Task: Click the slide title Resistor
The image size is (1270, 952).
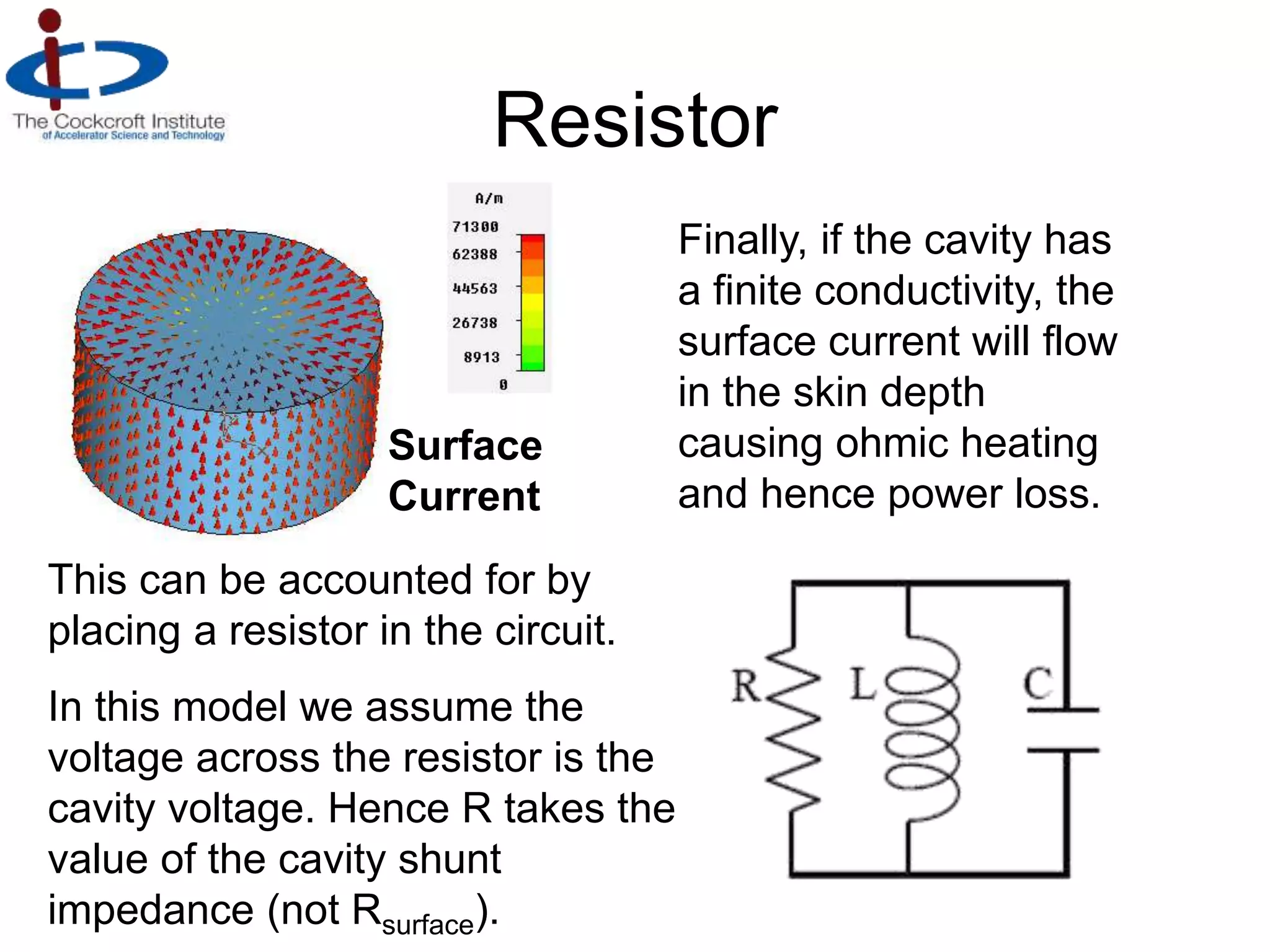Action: coord(636,120)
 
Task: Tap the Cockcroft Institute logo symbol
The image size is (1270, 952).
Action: coord(87,62)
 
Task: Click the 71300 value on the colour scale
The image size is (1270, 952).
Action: coord(475,227)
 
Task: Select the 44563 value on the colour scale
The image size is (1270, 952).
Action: coord(475,289)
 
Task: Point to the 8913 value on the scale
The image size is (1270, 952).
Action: coord(481,358)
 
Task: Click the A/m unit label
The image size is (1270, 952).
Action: coord(489,199)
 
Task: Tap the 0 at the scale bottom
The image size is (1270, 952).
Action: coord(503,385)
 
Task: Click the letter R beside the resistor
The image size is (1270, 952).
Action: coord(745,686)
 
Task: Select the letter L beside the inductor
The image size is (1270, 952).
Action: coord(863,685)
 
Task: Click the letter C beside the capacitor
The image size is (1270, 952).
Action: coord(1037,684)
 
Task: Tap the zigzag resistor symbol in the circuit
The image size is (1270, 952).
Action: coord(794,728)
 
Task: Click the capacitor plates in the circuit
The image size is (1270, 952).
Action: coord(1064,730)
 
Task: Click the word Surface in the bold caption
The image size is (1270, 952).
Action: coord(465,446)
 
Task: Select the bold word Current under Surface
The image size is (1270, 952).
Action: coord(464,496)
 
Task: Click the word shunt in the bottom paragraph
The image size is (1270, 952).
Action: coord(450,860)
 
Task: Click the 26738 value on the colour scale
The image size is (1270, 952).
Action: coord(475,323)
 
